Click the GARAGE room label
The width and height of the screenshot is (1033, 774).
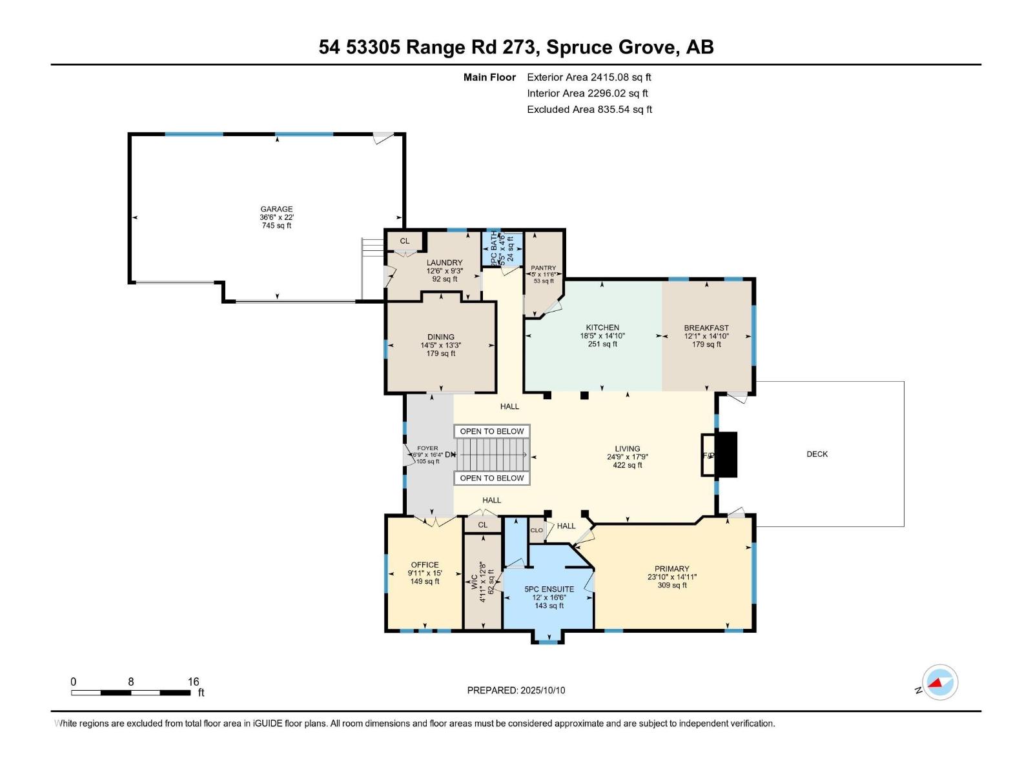coord(276,209)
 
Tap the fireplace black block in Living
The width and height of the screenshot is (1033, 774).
coord(727,455)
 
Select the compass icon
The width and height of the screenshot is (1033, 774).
coord(940,682)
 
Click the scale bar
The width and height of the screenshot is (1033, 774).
coord(130,693)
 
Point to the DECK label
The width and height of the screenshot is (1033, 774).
coord(817,454)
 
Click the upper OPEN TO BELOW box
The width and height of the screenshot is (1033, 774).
coord(492,432)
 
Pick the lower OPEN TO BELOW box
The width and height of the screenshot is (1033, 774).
coord(492,478)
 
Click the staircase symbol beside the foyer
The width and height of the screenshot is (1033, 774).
coord(492,455)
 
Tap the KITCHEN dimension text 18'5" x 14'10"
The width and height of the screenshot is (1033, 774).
coord(602,336)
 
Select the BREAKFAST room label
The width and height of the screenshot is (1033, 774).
coord(706,328)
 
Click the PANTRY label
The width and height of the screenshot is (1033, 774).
coord(543,268)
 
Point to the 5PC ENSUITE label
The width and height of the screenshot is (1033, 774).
coord(549,589)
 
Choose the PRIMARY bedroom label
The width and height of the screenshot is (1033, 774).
coord(671,569)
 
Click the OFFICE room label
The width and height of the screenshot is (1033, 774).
coord(425,564)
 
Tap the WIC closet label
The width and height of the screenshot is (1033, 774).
coord(475,582)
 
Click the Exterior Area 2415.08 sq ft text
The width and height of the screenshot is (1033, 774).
coord(589,77)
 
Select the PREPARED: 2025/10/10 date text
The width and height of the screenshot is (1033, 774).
coord(516,690)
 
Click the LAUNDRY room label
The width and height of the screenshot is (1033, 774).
coord(444,263)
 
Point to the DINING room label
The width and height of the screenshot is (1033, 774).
coord(440,337)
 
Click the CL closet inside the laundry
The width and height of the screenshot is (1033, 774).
coord(405,241)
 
